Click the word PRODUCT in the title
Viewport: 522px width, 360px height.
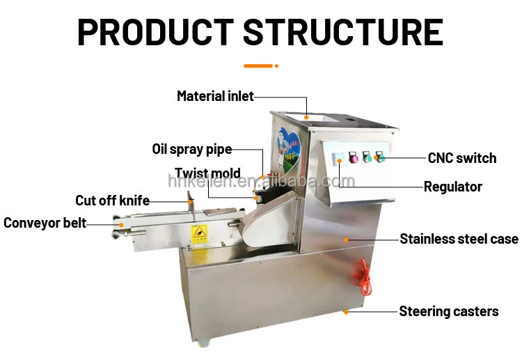pos(155,32)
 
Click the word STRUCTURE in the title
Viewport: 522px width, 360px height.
pos(343,32)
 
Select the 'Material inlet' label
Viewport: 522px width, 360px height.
pos(215,96)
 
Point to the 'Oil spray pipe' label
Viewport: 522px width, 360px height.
pos(191,149)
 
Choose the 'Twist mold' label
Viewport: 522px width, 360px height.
pos(207,173)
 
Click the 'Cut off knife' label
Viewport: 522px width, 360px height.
pos(112,201)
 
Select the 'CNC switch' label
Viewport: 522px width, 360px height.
pos(461,158)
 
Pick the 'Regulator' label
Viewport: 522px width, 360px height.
pos(453,187)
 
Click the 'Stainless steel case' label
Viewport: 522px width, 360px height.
pos(459,239)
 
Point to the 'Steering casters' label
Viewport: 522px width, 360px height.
pos(448,311)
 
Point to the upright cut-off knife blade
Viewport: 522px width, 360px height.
pos(189,206)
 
